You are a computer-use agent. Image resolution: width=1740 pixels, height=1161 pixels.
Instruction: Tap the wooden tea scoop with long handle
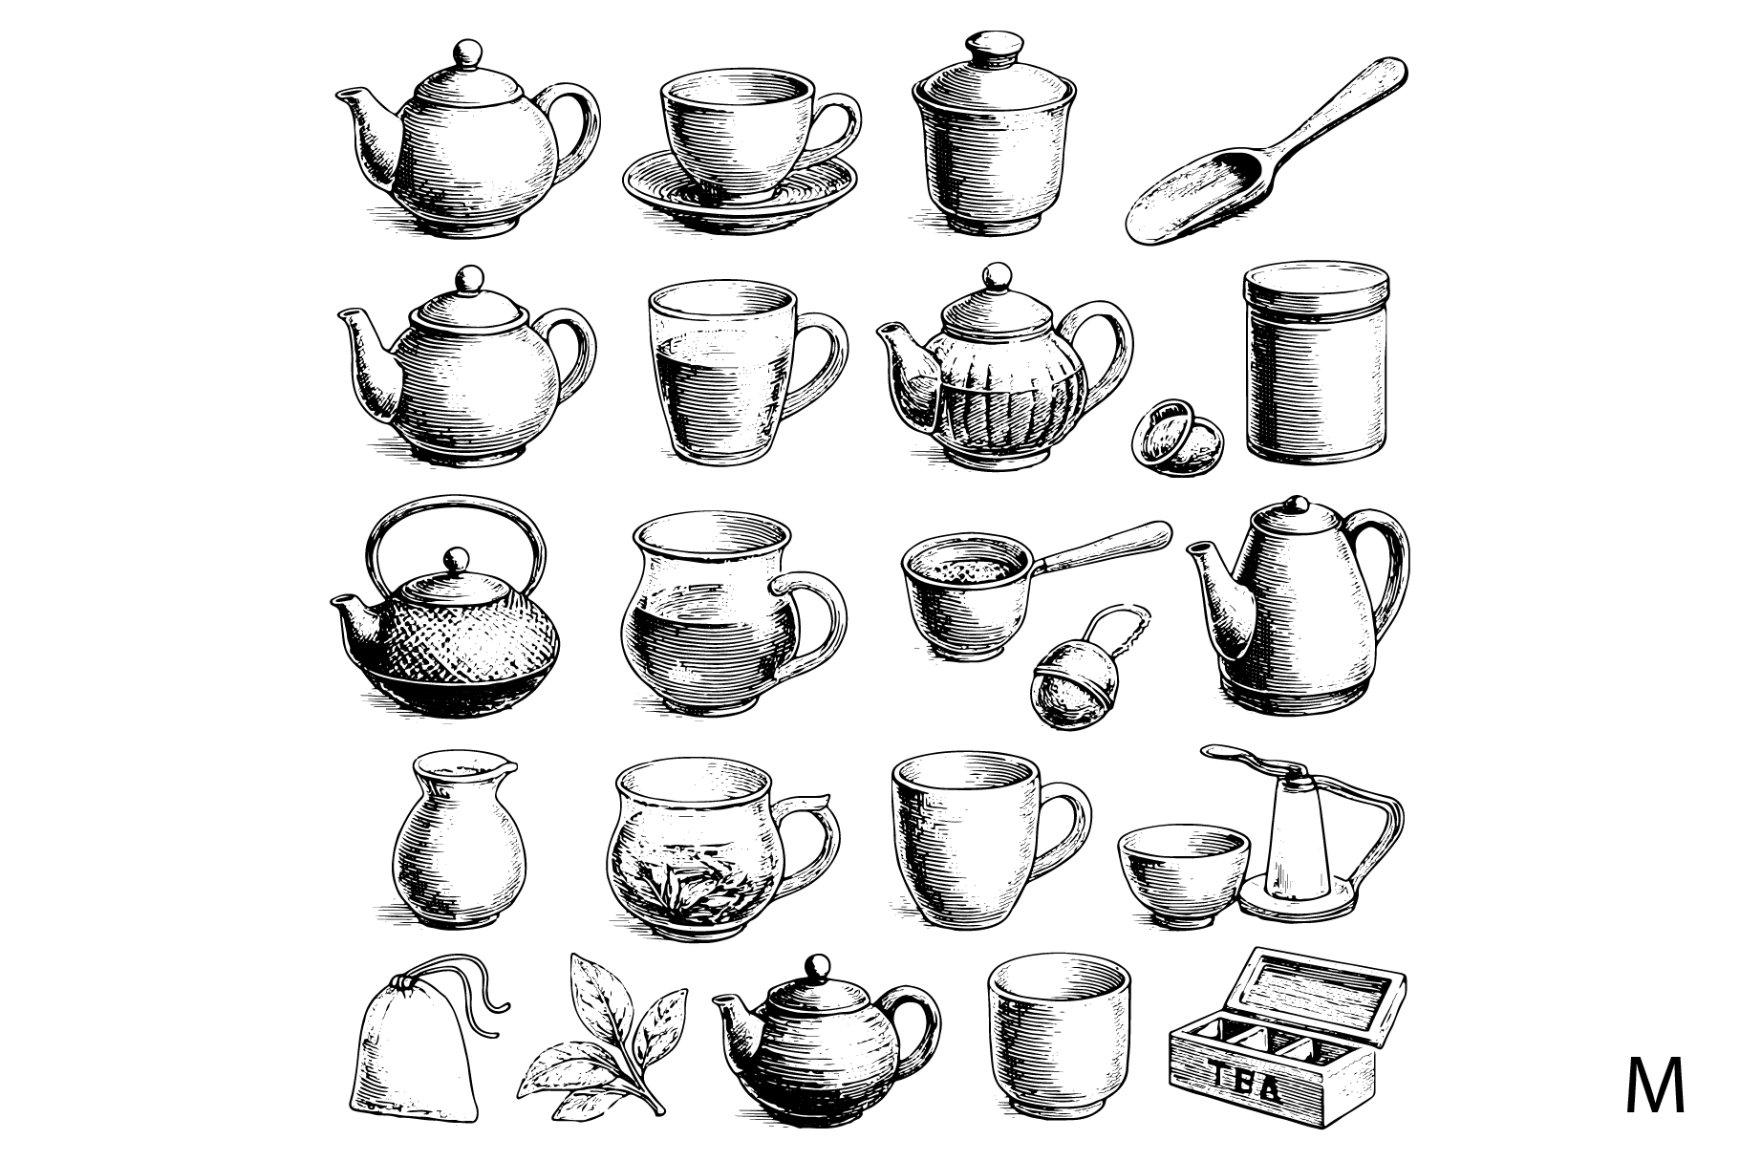coord(1265,151)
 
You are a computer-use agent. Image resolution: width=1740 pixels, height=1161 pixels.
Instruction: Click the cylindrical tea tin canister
coord(1317,363)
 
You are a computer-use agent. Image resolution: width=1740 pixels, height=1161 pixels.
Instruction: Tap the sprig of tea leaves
coord(605,1036)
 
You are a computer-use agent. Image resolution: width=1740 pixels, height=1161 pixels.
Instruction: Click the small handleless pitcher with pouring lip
coord(459,841)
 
